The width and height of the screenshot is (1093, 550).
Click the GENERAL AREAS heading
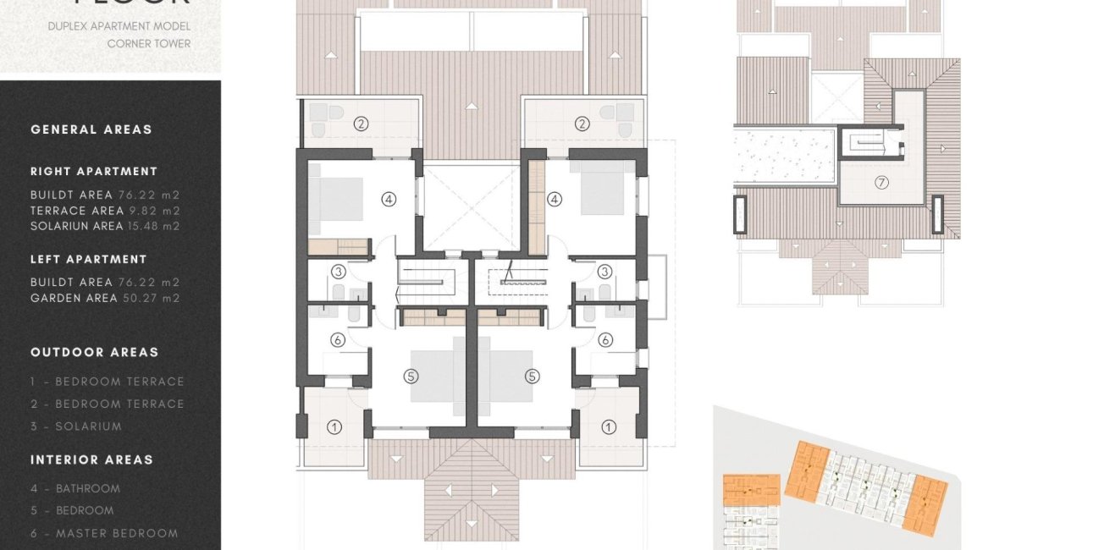click(91, 129)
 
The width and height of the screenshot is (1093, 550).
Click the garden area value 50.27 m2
click(156, 298)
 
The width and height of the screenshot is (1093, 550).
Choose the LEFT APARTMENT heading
click(89, 259)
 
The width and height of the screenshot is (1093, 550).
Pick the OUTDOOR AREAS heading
click(95, 352)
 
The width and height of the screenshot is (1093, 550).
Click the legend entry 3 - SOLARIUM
click(76, 426)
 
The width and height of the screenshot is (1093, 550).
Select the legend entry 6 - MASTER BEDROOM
click(104, 533)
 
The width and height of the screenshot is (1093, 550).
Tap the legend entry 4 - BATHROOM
click(75, 488)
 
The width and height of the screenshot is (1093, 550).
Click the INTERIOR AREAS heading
click(92, 459)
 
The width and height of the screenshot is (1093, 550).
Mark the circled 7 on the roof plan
click(881, 182)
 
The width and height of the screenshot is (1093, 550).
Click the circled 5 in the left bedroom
click(411, 377)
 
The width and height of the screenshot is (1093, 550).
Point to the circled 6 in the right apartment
click(604, 340)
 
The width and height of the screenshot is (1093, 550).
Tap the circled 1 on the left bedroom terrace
click(334, 426)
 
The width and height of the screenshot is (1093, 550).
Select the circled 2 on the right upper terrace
click(582, 124)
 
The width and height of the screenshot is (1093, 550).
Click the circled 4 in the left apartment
click(389, 200)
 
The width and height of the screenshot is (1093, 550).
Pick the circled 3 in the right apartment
click(604, 272)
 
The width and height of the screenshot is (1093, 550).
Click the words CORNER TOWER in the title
click(149, 43)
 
